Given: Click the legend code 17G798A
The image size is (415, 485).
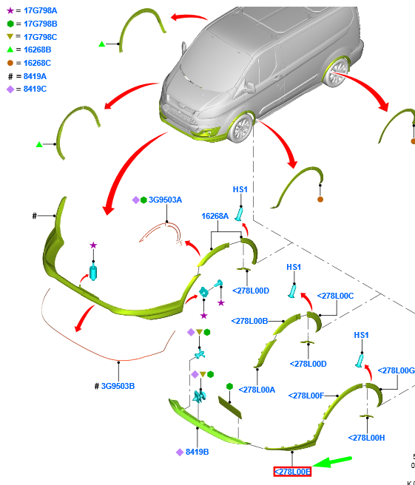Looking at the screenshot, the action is coord(40,10).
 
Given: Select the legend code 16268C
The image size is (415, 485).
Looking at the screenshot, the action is coord(37,63).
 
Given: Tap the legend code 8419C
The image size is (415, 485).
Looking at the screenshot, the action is coord(35,89).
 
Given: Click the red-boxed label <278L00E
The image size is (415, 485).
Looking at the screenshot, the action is coord(292,472).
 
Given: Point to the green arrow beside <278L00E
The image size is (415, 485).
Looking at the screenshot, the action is coord(331,461).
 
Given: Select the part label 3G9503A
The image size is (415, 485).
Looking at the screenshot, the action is coord(165,200).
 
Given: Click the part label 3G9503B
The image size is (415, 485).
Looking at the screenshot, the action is coord(118,386).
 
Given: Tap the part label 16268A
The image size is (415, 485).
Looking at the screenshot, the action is coord(215,216).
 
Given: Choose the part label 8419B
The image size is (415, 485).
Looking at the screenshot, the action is coord(197,452).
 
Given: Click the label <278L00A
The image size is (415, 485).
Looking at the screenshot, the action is coord(257,390).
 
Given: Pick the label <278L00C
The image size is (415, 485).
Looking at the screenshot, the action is coord(335,296).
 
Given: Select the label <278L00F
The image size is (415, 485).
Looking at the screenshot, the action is coord(306,396).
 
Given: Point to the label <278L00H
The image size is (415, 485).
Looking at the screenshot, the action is coord(367,438).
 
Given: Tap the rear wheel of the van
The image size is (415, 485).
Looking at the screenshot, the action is coord(336,72).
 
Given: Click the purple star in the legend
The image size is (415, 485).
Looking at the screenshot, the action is coord(10,10).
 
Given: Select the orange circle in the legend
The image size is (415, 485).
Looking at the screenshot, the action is coord(10,63).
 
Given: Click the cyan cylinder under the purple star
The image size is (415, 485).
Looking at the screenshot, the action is coord(93,273).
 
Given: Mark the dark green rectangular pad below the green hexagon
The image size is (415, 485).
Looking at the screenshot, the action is coord(230,407).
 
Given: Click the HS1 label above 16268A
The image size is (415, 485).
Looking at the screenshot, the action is coord(240,189).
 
